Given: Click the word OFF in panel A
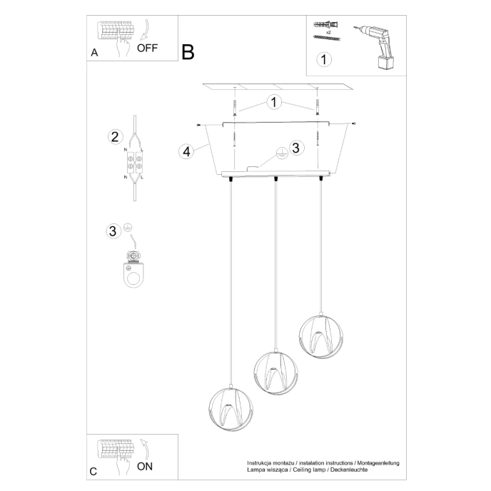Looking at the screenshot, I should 146,49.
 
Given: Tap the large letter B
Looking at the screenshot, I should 188,51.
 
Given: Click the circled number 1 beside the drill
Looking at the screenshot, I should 324,59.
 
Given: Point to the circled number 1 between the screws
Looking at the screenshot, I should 273,102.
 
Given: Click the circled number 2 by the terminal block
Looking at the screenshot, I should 113,137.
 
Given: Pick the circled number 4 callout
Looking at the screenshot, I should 186,151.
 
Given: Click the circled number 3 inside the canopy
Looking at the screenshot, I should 297,148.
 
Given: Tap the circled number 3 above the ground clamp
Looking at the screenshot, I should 112,231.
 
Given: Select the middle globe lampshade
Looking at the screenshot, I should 274,373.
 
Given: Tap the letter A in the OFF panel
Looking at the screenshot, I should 94,53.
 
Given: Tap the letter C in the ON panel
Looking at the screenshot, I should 93,471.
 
